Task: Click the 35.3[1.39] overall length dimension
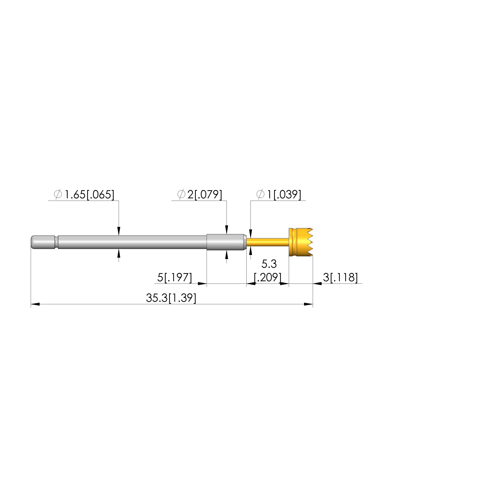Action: point(171,298)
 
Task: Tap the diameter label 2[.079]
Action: point(205,195)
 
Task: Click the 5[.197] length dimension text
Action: point(175,278)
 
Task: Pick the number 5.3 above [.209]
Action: point(269,264)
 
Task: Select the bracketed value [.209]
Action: point(268,278)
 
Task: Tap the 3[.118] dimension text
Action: point(340,278)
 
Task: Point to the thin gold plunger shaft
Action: point(268,242)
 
